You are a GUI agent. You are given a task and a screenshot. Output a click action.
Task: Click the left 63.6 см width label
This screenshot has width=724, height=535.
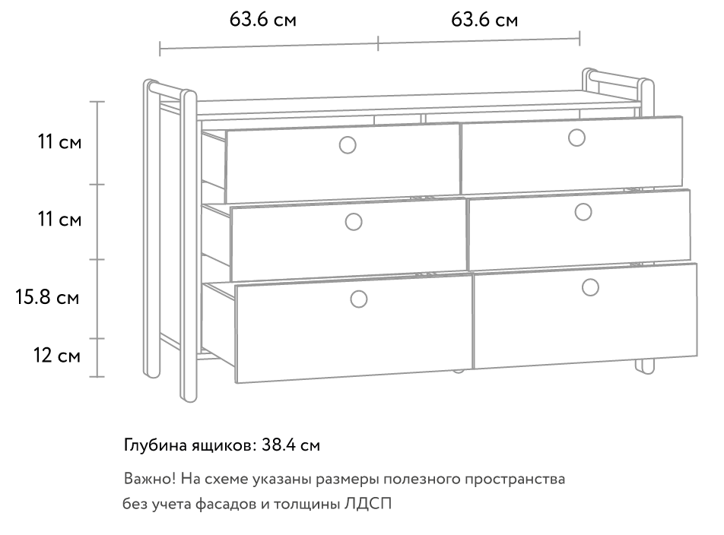262,19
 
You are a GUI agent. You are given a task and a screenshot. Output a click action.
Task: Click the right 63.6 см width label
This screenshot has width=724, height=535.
484,19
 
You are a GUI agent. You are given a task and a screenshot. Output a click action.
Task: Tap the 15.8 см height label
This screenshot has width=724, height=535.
48,297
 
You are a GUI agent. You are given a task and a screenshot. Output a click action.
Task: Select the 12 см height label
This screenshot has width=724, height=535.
57,356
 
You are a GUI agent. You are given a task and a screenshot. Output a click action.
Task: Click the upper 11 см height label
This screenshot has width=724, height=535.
59,141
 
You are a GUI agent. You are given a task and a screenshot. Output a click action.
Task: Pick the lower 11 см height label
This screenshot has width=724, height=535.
59,219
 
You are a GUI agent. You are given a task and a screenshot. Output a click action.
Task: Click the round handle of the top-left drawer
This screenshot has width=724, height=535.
348,145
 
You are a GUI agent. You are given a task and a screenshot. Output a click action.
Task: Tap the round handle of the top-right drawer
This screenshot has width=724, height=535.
576,138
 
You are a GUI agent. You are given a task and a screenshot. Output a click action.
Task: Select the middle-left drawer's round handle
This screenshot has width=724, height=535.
354,222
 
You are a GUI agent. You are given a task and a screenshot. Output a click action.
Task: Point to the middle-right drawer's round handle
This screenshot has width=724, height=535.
583,212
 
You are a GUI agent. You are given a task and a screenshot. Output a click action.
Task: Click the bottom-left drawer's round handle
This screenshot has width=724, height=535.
359,299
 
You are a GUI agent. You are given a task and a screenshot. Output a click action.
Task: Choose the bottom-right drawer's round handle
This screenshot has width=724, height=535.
590,287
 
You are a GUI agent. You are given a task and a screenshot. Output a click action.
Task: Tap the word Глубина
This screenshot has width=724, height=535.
156,445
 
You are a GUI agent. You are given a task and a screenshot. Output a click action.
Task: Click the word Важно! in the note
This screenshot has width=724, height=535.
150,479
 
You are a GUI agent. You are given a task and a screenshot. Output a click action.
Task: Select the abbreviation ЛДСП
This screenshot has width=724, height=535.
368,504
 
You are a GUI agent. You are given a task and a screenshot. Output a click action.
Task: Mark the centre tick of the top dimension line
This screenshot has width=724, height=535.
378,43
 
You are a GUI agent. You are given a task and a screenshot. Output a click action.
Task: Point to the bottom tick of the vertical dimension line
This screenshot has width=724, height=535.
97,377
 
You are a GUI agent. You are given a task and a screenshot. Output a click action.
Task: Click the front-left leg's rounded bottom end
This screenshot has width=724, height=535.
188,398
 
